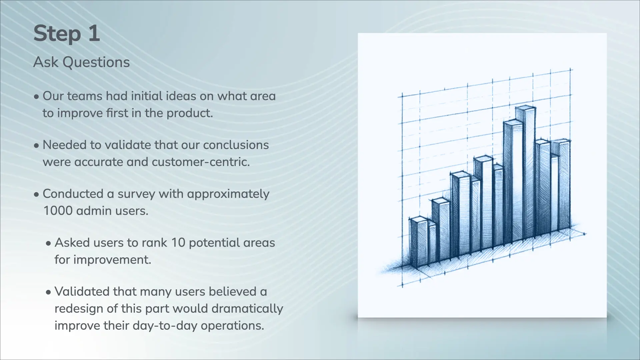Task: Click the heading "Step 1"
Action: [x=67, y=34]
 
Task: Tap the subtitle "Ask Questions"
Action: [x=82, y=62]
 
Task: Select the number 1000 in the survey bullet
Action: [x=58, y=211]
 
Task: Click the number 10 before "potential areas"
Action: [x=178, y=243]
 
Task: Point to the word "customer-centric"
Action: [x=200, y=162]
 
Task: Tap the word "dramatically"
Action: [x=247, y=309]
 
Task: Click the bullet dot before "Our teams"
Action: [x=37, y=97]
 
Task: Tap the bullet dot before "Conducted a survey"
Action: [x=37, y=195]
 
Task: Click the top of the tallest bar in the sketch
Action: [x=525, y=109]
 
